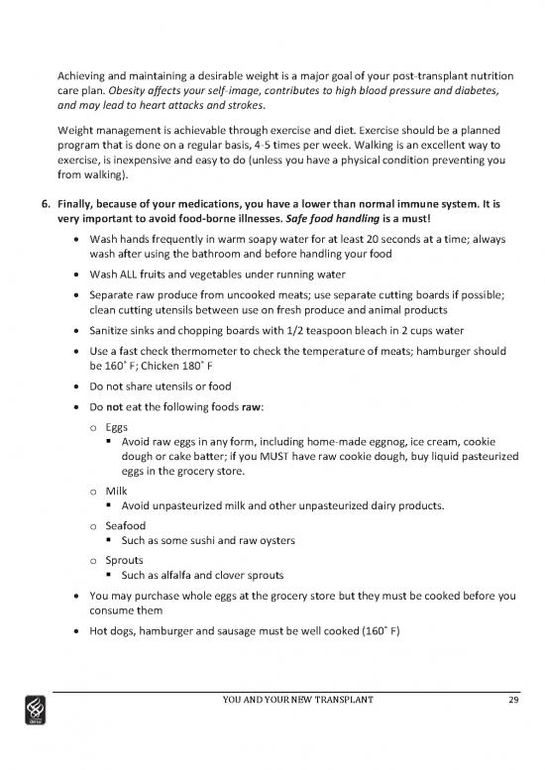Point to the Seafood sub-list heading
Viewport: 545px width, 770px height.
tap(126, 524)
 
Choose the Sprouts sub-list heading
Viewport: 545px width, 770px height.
tap(125, 559)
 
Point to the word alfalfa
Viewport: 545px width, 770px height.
tap(182, 576)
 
